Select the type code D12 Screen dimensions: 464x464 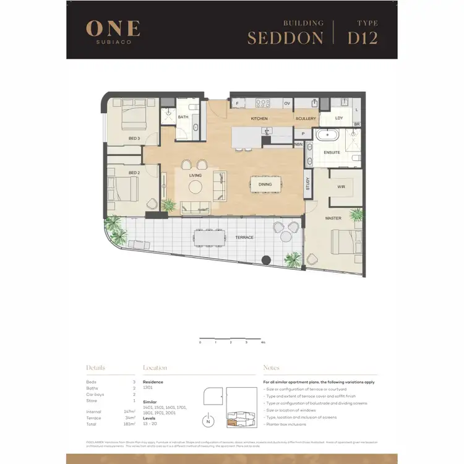[363, 38]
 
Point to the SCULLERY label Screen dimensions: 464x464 [306, 118]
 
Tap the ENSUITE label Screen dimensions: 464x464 [332, 152]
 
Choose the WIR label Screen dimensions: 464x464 [341, 186]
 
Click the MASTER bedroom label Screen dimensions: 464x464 [333, 218]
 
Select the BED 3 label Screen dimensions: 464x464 [134, 138]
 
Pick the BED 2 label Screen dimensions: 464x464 [134, 173]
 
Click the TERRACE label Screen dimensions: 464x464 [246, 238]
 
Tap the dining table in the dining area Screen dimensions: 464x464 [265, 184]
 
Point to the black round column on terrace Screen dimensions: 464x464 [266, 260]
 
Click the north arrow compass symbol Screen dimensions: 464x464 [208, 422]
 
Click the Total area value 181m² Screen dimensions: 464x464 [129, 424]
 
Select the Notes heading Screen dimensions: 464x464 [271, 367]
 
